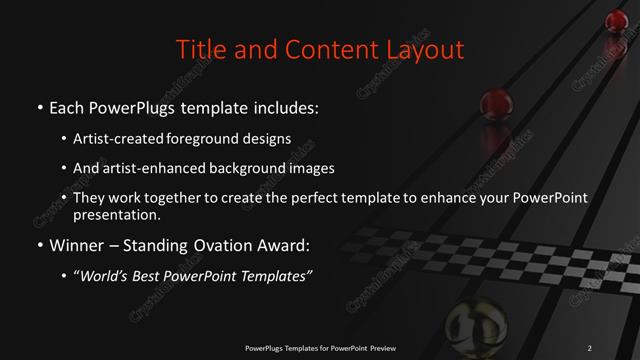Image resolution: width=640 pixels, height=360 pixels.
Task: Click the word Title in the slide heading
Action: pyautogui.click(x=198, y=49)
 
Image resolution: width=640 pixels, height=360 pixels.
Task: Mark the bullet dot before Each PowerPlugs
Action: pyautogui.click(x=40, y=107)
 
